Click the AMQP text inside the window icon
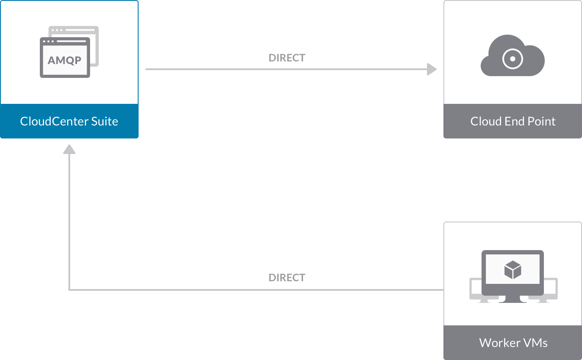pyautogui.click(x=65, y=60)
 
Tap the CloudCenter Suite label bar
pyautogui.click(x=69, y=121)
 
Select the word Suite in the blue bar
pyautogui.click(x=104, y=121)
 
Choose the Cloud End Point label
pyautogui.click(x=513, y=121)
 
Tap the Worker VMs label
pyautogui.click(x=513, y=343)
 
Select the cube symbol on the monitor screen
pyautogui.click(x=513, y=270)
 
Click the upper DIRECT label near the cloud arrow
pyautogui.click(x=287, y=58)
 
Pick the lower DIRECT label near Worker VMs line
pyautogui.click(x=287, y=278)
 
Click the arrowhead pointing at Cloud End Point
pyautogui.click(x=432, y=69)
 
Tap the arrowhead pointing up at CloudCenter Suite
pyautogui.click(x=69, y=149)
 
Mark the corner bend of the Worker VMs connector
pyautogui.click(x=69, y=290)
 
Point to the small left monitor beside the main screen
pyautogui.click(x=475, y=289)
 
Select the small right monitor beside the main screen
pyautogui.click(x=551, y=289)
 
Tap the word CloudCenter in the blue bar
pyautogui.click(x=54, y=121)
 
